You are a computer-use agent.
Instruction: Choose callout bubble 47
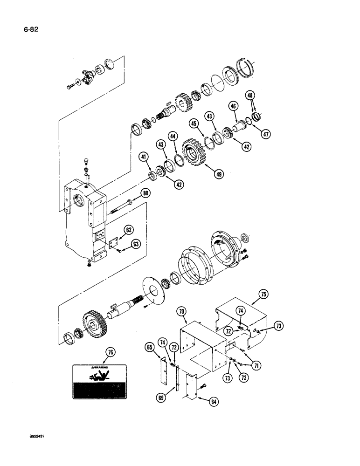266,134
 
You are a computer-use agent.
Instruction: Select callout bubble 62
129,229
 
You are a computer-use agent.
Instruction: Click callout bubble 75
264,294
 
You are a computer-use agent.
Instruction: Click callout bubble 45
194,123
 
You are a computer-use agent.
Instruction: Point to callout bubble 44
173,136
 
